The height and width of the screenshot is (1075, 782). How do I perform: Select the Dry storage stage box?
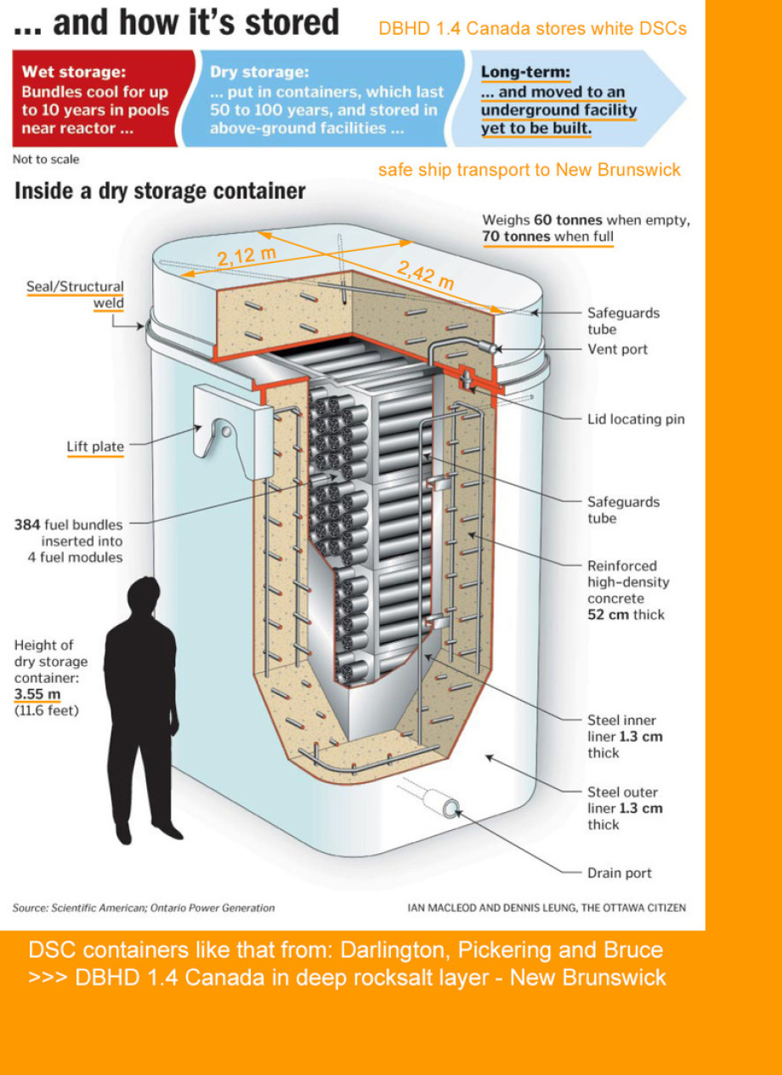(x=327, y=99)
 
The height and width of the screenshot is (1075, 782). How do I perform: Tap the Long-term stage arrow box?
(x=565, y=99)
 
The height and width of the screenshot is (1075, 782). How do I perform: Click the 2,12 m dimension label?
(x=246, y=256)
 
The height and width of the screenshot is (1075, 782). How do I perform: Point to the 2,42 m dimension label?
(x=425, y=274)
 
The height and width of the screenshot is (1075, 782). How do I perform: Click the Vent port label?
(x=617, y=350)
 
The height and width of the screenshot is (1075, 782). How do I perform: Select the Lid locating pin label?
(x=636, y=419)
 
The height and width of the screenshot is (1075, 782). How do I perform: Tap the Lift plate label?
(x=95, y=446)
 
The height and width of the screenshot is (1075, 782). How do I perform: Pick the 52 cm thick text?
(x=626, y=615)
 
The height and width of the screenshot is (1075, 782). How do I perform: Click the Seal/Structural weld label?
(x=75, y=294)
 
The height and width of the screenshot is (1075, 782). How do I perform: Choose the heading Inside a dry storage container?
(x=159, y=191)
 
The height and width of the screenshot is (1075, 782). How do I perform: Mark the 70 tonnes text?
(x=516, y=236)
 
